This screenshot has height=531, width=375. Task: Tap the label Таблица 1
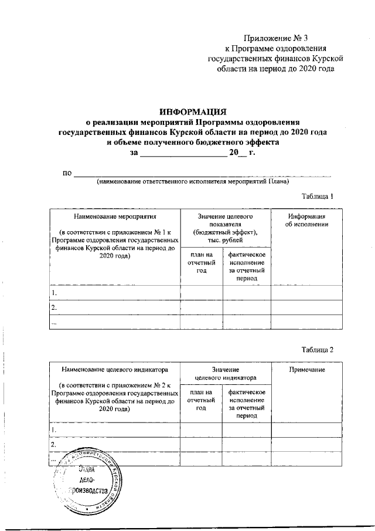click(317, 197)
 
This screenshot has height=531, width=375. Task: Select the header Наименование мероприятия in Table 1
click(115, 217)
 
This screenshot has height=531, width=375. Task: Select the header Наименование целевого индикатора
click(115, 370)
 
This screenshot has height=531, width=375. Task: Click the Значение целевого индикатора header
click(225, 374)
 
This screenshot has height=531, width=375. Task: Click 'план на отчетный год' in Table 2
click(201, 403)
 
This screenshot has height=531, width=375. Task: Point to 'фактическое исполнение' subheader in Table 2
click(247, 403)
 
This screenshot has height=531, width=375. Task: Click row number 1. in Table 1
click(54, 292)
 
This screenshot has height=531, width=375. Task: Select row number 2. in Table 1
click(54, 307)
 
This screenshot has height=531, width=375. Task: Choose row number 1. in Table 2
click(54, 430)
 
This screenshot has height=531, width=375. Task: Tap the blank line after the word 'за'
click(183, 154)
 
